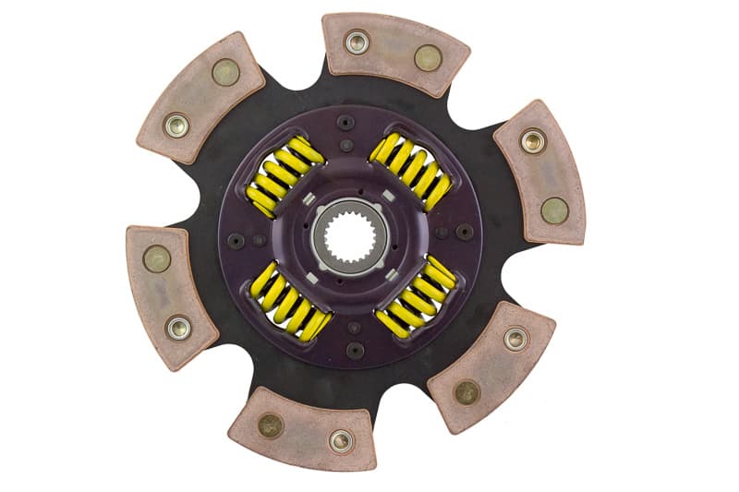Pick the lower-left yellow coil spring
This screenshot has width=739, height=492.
coord(288,301)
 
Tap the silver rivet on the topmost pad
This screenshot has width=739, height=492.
coord(356,41)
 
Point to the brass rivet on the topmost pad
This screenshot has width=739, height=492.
coord(427,57)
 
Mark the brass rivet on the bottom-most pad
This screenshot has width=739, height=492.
coord(270,425)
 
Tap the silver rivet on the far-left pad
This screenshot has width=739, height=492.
coord(178,326)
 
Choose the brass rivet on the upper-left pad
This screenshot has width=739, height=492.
coord(225,71)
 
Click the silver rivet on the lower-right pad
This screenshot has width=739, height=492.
coord(515,339)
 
